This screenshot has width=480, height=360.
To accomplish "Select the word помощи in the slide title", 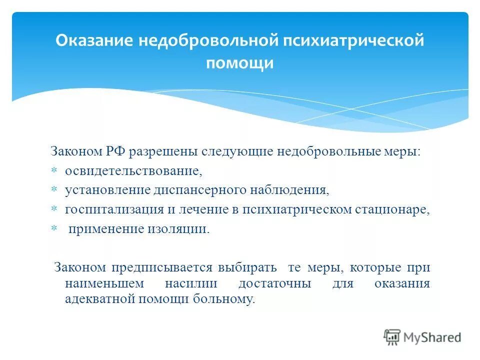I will click(240, 63).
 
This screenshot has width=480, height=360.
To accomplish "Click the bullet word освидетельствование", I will click(133, 171).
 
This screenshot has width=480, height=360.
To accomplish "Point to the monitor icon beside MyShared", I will click(392, 337).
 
